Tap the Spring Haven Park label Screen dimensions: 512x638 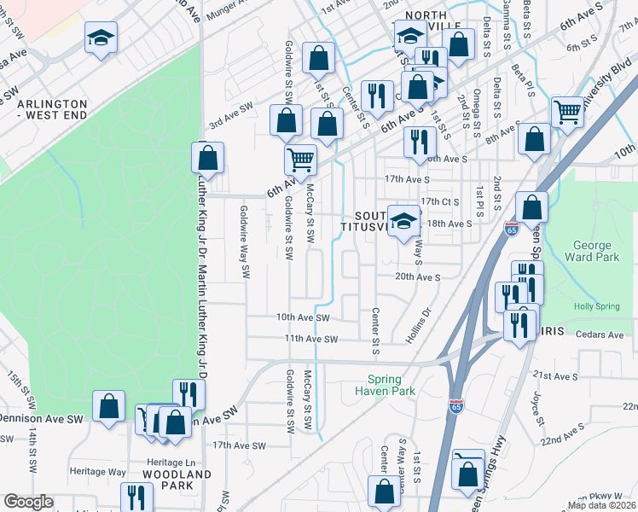tap(391, 386)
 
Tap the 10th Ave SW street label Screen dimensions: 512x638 tap(302, 317)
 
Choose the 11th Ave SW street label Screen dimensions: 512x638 tap(311, 339)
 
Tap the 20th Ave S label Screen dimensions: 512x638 tap(417, 277)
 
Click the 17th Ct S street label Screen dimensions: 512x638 tap(440, 201)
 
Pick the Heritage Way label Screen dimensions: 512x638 tap(99, 471)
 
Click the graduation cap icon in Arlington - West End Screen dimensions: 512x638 tap(101, 37)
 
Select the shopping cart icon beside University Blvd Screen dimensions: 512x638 tap(566, 110)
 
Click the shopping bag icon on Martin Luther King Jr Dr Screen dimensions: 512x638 tap(207, 156)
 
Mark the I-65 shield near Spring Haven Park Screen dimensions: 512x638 tap(456, 406)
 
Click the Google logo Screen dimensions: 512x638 tap(29, 502)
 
